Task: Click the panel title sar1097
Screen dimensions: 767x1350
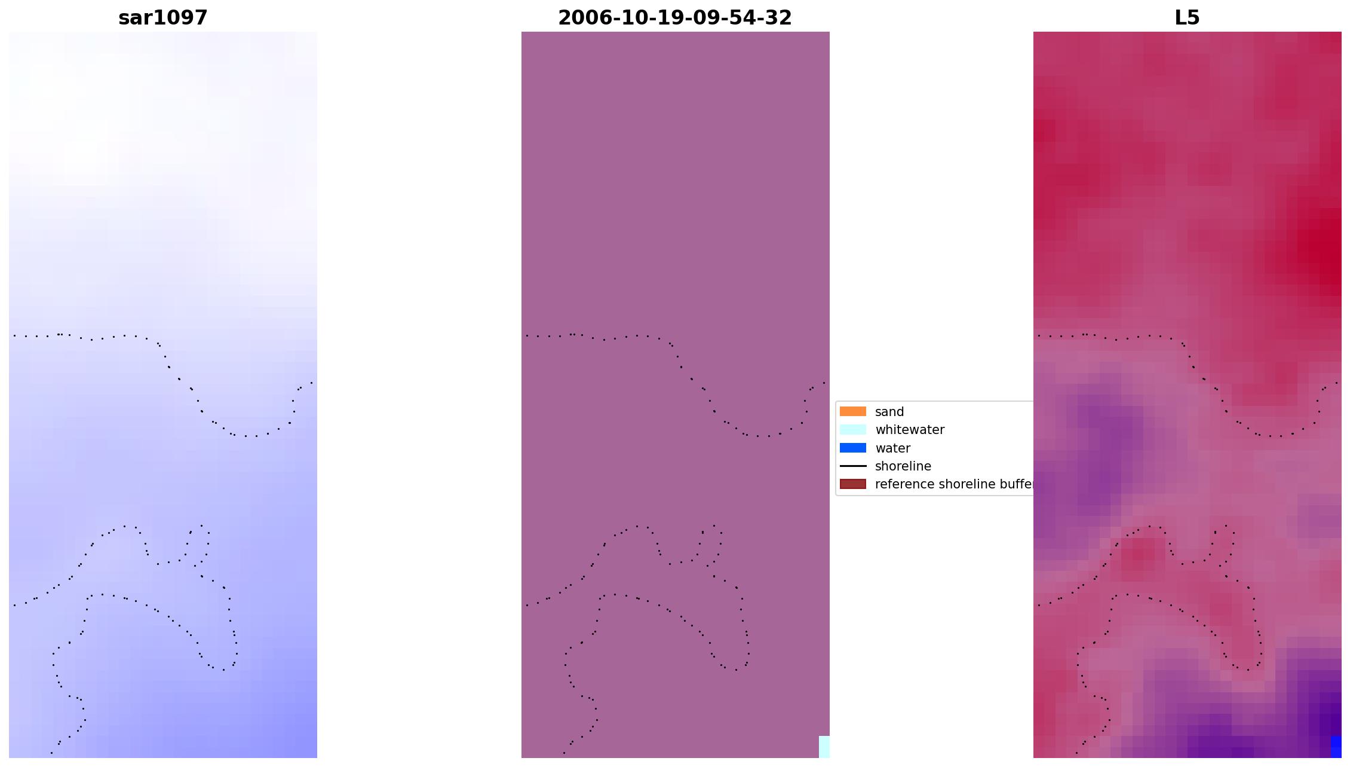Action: pyautogui.click(x=162, y=18)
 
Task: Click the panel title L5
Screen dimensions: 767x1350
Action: pyautogui.click(x=1186, y=18)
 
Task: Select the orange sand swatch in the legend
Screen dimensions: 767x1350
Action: pyautogui.click(x=852, y=411)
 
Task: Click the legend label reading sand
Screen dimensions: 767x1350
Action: pyautogui.click(x=889, y=412)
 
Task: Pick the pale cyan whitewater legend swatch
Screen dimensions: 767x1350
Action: pyautogui.click(x=852, y=429)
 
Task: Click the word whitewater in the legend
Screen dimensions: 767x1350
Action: pyautogui.click(x=909, y=430)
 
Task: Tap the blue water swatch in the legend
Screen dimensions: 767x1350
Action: pyautogui.click(x=852, y=448)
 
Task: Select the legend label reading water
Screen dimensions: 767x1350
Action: pyautogui.click(x=892, y=448)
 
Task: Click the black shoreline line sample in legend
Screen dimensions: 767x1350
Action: pyautogui.click(x=852, y=466)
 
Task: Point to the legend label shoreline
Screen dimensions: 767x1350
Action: pyautogui.click(x=903, y=466)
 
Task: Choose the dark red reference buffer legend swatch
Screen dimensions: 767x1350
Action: pyautogui.click(x=852, y=484)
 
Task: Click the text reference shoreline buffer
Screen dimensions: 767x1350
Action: pyautogui.click(x=953, y=484)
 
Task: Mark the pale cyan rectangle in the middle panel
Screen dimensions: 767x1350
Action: pyautogui.click(x=824, y=747)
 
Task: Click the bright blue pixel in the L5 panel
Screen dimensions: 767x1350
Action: pyautogui.click(x=1336, y=747)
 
